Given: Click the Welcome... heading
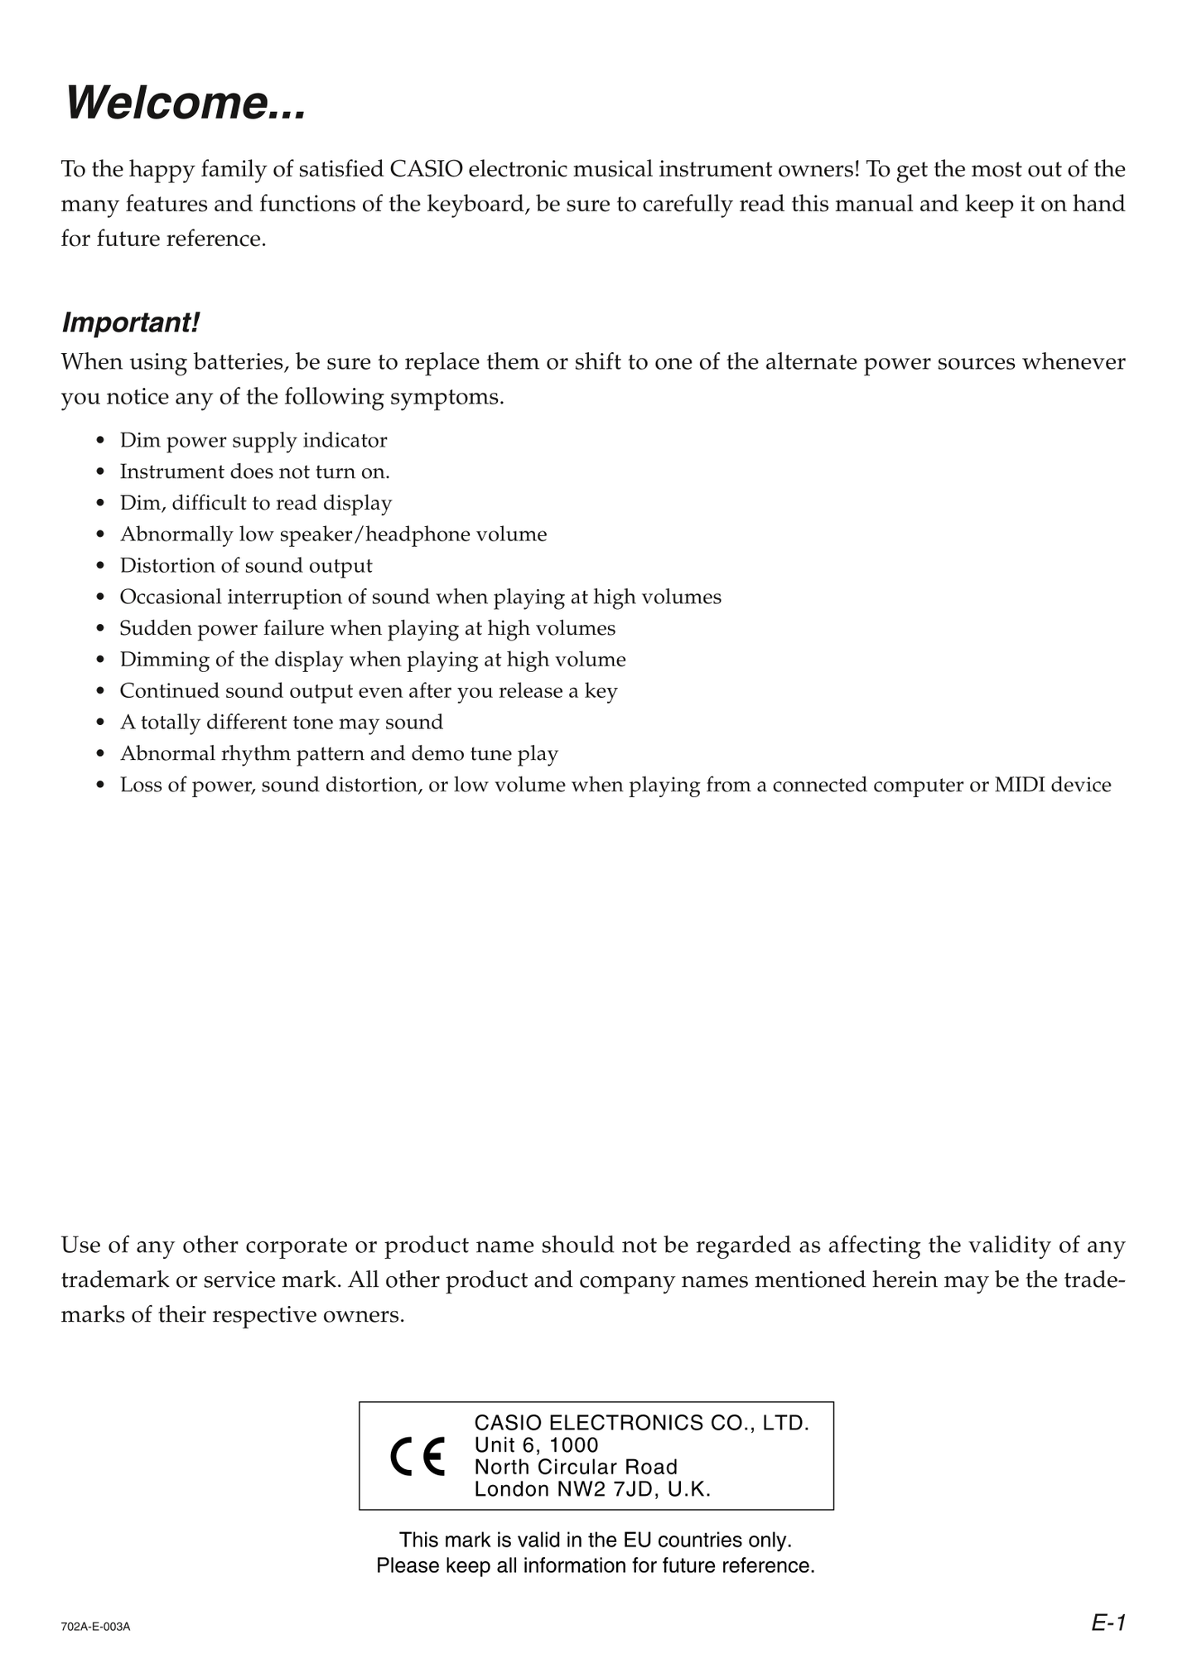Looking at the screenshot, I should [186, 104].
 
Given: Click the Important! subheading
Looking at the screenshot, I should [130, 322].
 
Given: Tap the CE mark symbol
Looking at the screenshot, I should [418, 1456].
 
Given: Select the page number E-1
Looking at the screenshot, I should [1108, 1623].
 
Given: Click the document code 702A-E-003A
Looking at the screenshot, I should [95, 1627].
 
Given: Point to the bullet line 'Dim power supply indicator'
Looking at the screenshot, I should [253, 440].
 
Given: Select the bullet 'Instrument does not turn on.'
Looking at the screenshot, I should [254, 472].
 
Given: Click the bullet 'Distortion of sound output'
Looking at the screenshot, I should [246, 566].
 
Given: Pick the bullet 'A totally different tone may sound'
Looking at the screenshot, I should [281, 723].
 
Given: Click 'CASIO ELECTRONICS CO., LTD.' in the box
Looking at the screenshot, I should [641, 1423].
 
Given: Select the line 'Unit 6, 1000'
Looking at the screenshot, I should [536, 1445].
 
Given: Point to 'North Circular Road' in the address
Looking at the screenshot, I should [576, 1467].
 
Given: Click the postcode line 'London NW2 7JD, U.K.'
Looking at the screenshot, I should [592, 1489].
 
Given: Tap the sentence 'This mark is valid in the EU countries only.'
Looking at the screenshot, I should [596, 1540].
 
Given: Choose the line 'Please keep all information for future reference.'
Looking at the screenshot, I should [596, 1565].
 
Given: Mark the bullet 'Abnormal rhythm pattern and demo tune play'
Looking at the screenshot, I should [339, 754].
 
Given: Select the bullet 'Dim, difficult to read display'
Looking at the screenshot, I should [255, 503].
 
